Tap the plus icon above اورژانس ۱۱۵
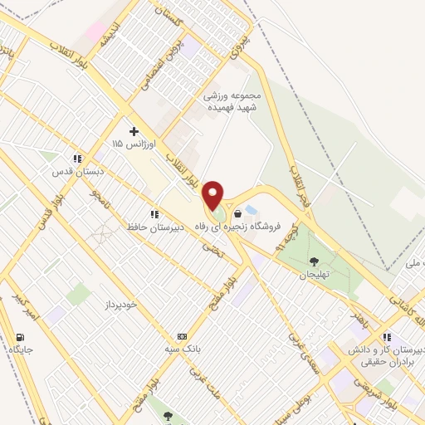(x=133, y=131)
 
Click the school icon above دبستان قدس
(x=76, y=159)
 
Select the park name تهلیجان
(x=315, y=275)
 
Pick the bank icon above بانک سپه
(x=182, y=336)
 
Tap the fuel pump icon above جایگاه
(x=19, y=337)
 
